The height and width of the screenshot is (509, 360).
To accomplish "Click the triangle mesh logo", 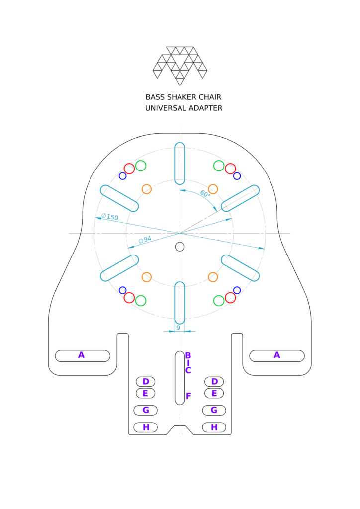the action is [180, 66].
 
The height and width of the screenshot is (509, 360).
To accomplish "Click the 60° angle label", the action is [205, 194].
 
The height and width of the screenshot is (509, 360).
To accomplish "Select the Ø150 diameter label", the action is [110, 217].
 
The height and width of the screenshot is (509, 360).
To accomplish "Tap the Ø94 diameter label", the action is [145, 240].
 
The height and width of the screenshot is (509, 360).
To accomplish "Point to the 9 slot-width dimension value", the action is [178, 328].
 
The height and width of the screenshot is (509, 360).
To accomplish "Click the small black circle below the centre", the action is [180, 247].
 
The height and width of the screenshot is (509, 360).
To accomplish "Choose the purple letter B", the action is [188, 356].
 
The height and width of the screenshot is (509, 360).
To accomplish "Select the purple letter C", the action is [188, 370].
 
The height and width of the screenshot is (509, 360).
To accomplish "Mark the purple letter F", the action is [188, 396].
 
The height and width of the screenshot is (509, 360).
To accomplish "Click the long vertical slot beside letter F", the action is [180, 378].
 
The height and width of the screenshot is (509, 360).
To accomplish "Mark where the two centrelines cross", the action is [180, 233].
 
